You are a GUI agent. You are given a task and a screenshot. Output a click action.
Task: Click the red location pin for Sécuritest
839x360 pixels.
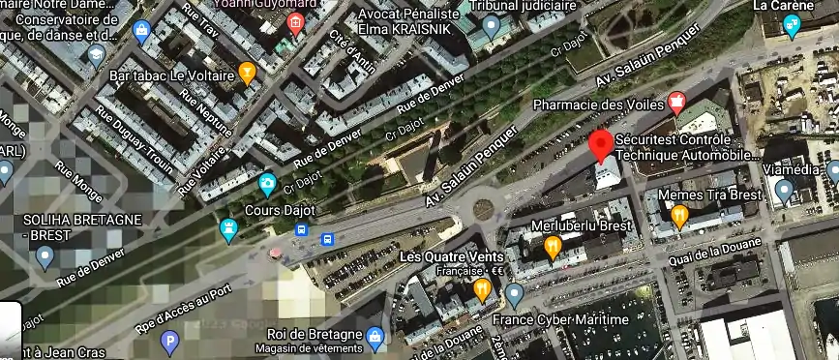601,145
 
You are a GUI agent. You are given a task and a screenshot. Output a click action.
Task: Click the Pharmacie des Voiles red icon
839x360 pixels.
676,102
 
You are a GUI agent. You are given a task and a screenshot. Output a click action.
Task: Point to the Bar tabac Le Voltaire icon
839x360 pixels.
248,73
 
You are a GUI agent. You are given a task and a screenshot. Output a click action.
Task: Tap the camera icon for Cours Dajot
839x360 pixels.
268,184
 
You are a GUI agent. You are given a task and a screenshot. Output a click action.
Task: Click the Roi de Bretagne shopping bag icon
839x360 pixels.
375,338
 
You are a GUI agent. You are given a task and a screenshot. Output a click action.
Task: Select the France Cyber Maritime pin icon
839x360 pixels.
514,293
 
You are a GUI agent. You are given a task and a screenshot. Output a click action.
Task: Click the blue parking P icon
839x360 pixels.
170,341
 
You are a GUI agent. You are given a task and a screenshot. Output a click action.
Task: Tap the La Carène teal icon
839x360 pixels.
792,26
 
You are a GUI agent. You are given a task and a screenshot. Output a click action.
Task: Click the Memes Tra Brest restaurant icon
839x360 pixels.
679,216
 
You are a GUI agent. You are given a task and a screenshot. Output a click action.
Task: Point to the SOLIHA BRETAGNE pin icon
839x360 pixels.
45,256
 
